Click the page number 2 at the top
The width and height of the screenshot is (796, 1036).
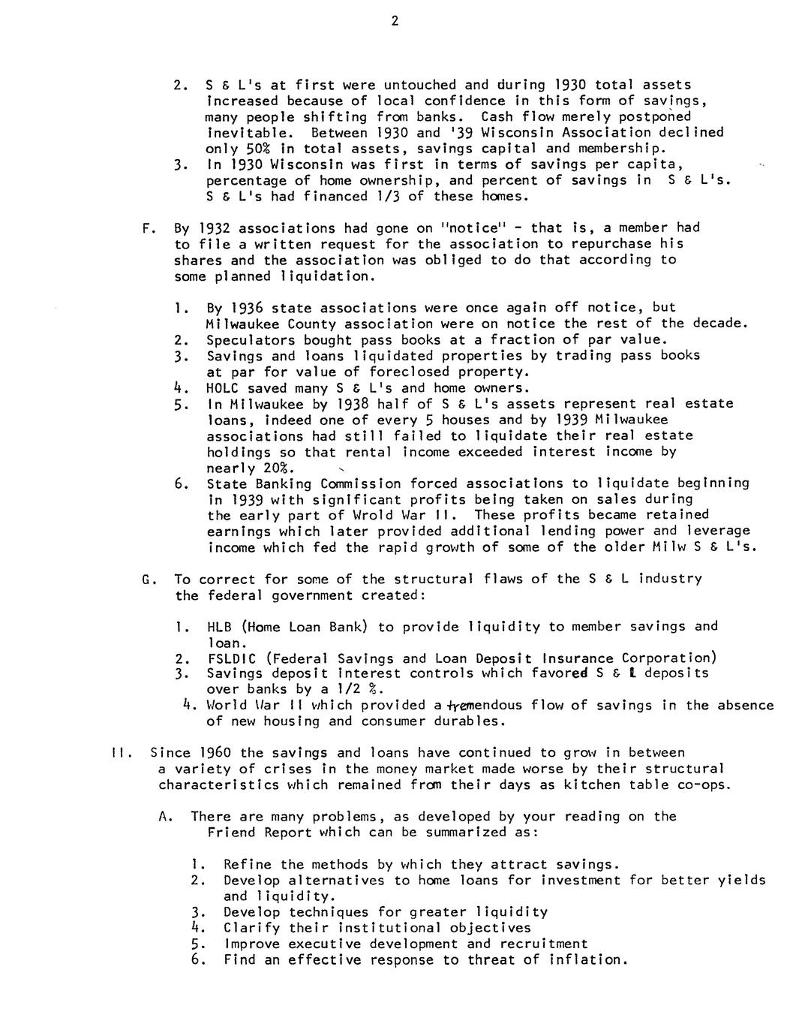coord(395,21)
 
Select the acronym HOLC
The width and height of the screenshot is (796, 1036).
coord(223,387)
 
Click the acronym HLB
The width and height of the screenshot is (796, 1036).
coord(219,626)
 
